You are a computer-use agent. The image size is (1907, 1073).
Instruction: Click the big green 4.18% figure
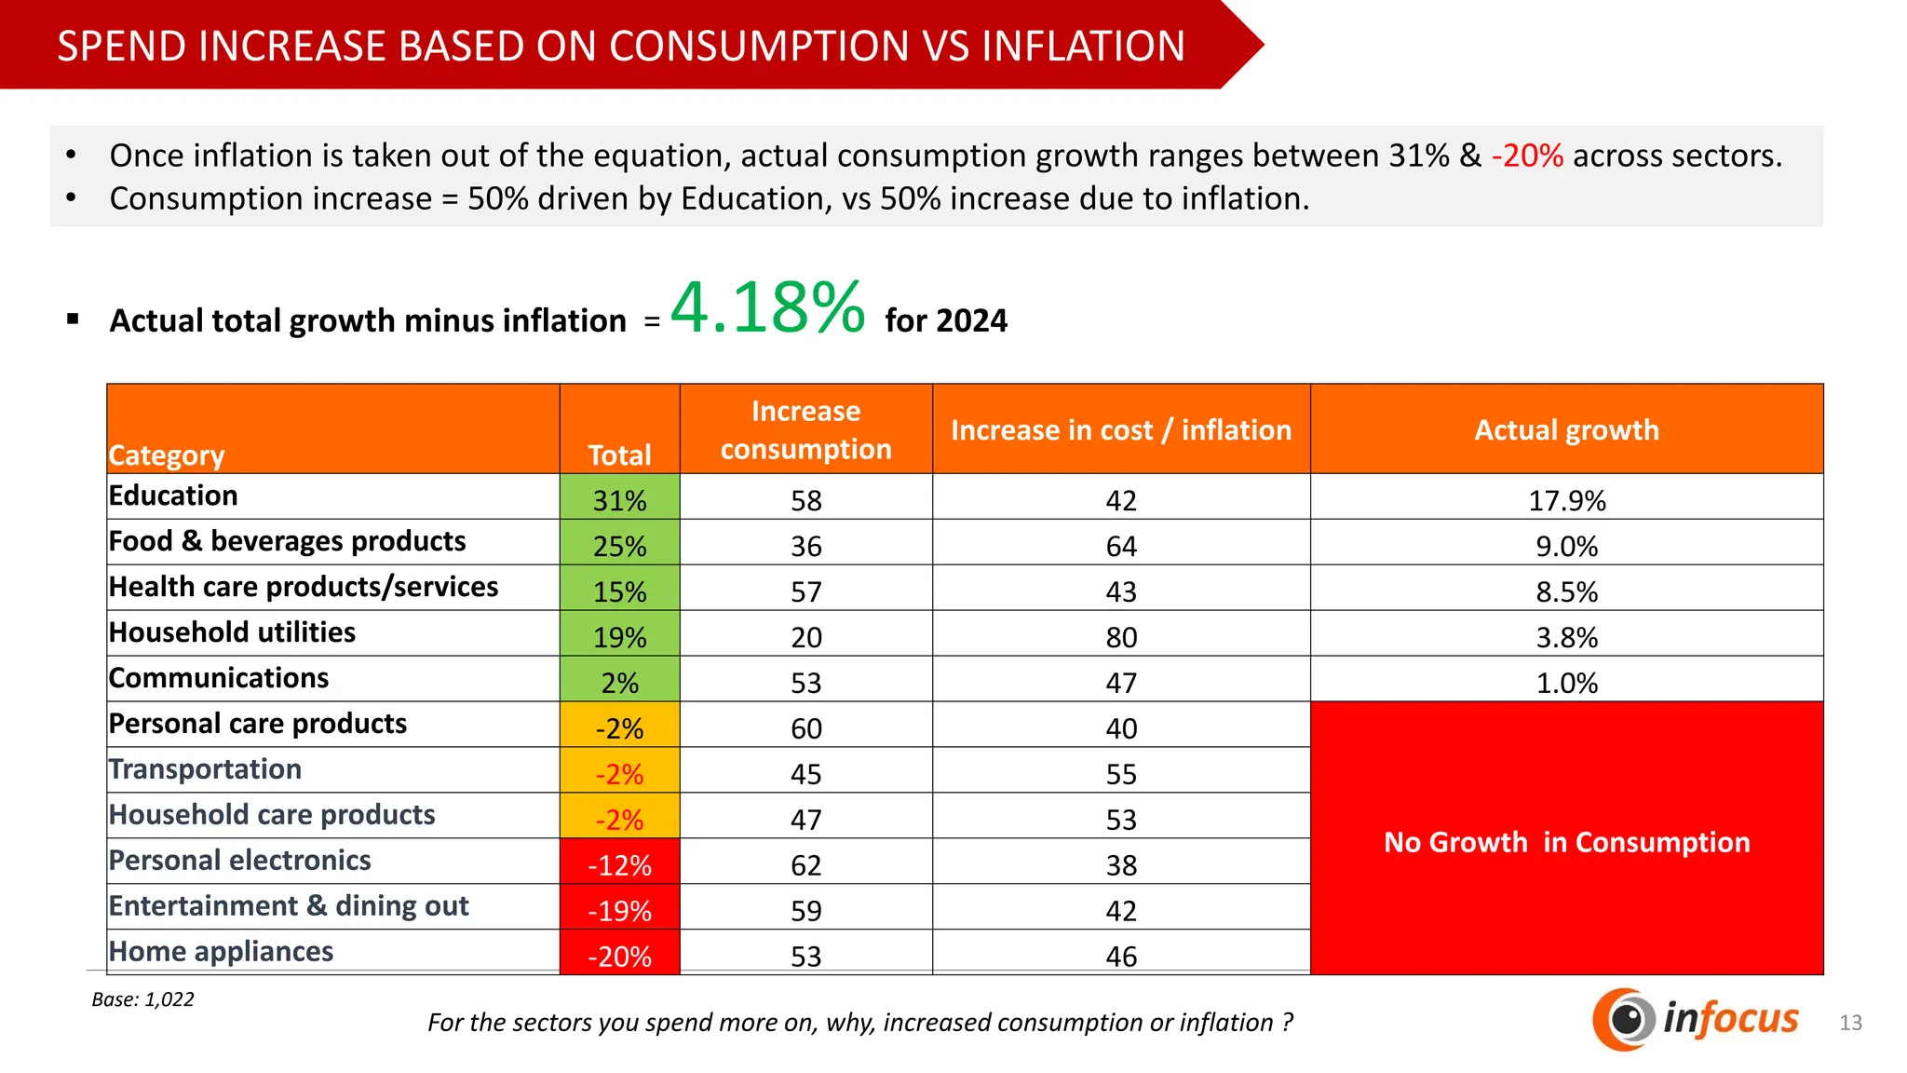[x=768, y=308]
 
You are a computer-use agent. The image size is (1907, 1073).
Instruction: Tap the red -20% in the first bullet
[x=1527, y=156]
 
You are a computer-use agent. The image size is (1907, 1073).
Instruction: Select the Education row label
[x=173, y=496]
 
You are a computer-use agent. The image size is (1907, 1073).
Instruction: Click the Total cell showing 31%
[x=619, y=500]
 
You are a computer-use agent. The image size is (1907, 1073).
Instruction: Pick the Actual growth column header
[x=1566, y=429]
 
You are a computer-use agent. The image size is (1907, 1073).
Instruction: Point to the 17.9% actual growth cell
[x=1566, y=500]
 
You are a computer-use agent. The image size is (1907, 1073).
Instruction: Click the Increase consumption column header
[x=805, y=429]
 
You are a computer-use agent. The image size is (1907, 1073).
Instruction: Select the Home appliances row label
[x=221, y=951]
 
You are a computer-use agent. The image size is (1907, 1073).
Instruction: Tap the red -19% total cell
[x=619, y=910]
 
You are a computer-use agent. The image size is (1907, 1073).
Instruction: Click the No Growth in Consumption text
[x=1566, y=842]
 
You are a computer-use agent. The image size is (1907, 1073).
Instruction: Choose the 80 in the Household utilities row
[x=1121, y=637]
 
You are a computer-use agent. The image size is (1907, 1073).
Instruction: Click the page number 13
[x=1850, y=1023]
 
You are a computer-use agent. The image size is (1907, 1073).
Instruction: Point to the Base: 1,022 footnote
[x=142, y=999]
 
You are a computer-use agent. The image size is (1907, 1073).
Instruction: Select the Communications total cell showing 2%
[x=619, y=683]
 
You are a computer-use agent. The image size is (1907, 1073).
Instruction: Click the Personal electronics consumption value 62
[x=805, y=865]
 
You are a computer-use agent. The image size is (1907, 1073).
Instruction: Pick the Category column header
[x=167, y=455]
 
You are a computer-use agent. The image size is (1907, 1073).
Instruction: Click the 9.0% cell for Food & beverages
[x=1566, y=546]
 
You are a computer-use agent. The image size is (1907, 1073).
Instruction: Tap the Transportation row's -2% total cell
[x=619, y=774]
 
